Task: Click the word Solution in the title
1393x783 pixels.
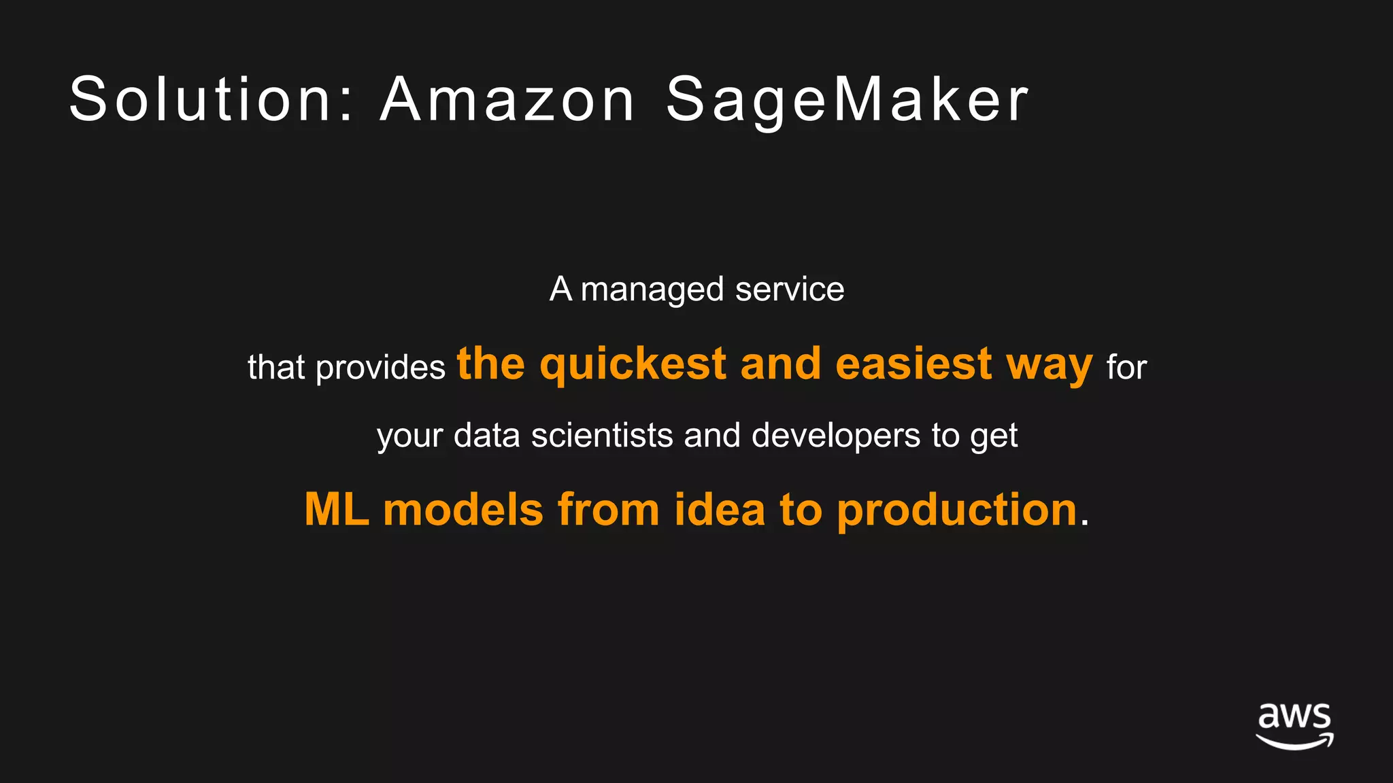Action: pyautogui.click(x=200, y=99)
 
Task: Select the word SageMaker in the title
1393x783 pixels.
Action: pyautogui.click(x=847, y=101)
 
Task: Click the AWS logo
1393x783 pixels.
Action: pyautogui.click(x=1294, y=726)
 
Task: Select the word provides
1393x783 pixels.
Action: pyautogui.click(x=381, y=368)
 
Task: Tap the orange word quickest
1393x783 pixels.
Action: pyautogui.click(x=633, y=364)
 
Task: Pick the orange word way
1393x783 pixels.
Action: pyautogui.click(x=1050, y=366)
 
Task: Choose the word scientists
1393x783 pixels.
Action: pyautogui.click(x=602, y=435)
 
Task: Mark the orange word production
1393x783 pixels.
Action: pyautogui.click(x=957, y=510)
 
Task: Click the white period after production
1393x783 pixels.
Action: pyautogui.click(x=1084, y=524)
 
